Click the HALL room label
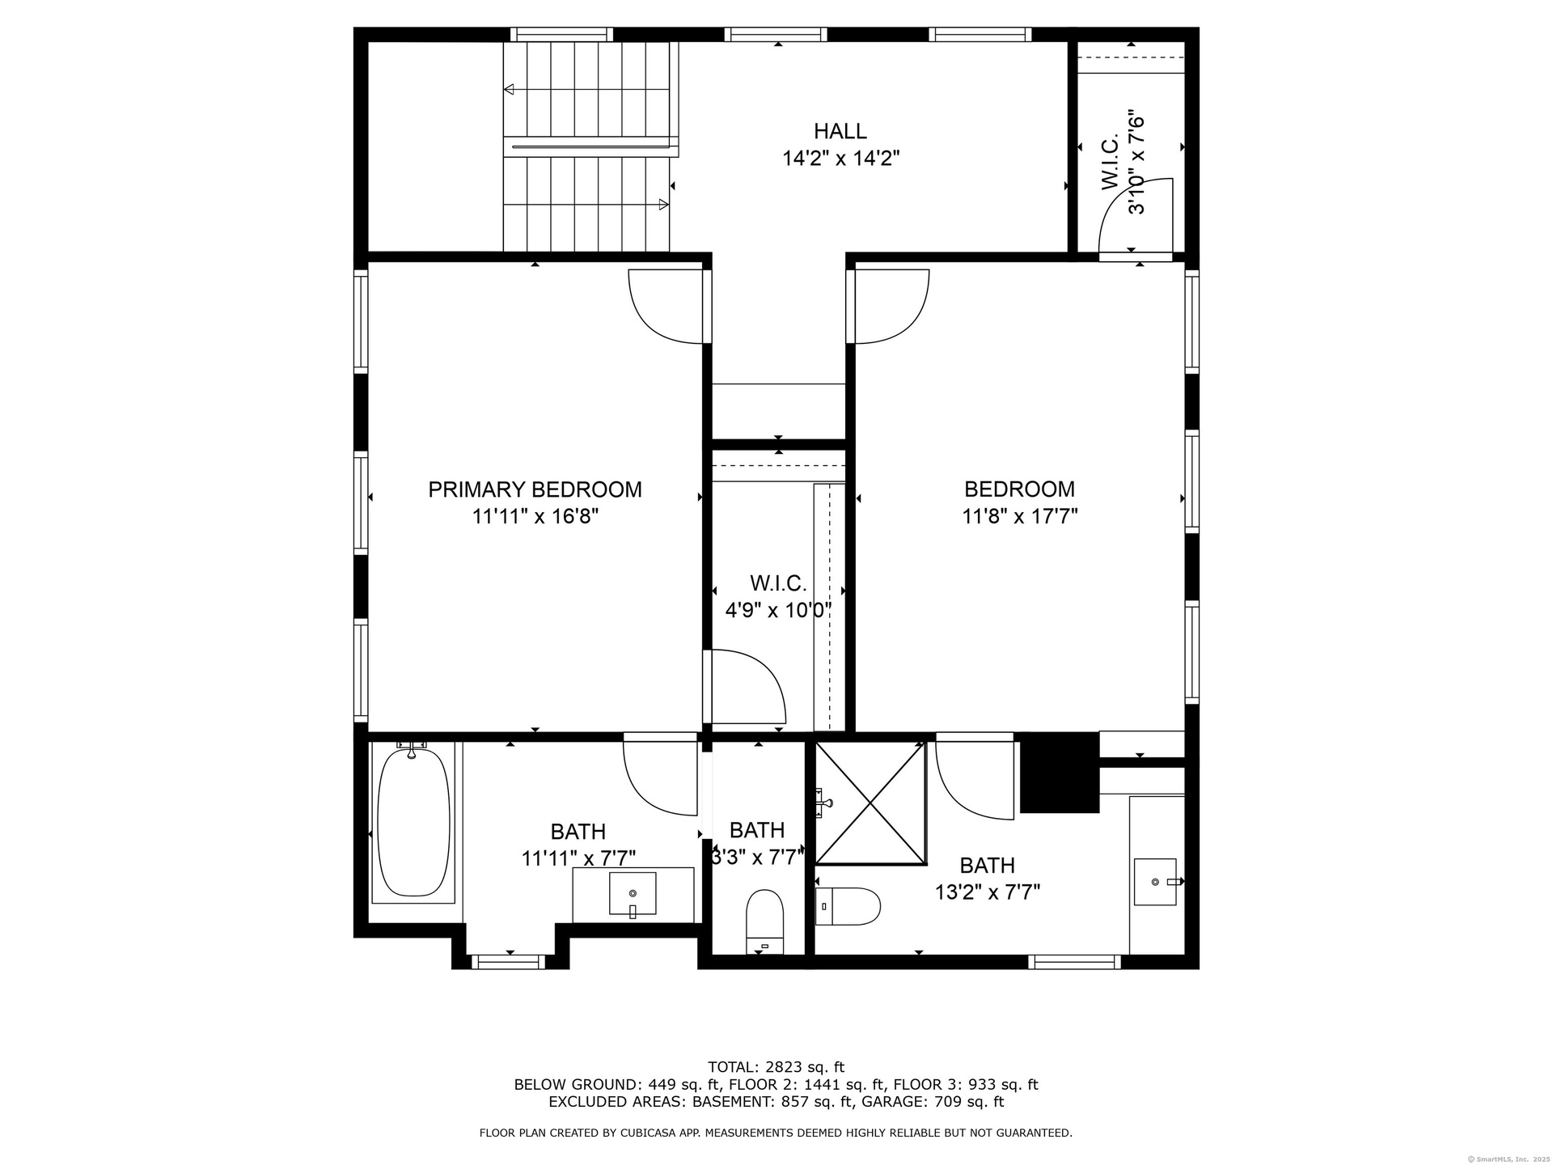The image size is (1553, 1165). tap(840, 131)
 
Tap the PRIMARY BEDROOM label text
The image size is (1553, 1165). tap(535, 489)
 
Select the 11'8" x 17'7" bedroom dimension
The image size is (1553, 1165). tap(1019, 516)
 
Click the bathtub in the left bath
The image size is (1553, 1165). tap(413, 822)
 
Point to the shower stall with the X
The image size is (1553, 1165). tap(870, 803)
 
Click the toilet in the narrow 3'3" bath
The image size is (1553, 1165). tap(764, 922)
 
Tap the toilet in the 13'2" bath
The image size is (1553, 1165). tap(847, 906)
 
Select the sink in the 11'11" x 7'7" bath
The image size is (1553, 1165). tap(633, 894)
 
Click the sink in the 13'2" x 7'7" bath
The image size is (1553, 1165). tap(1156, 881)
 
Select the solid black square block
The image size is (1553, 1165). tap(1060, 773)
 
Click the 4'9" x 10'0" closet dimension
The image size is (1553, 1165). tap(778, 610)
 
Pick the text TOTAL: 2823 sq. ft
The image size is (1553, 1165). tap(776, 1067)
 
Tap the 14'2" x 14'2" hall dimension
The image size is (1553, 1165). tap(840, 159)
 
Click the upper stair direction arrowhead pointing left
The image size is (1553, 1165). tap(509, 89)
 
